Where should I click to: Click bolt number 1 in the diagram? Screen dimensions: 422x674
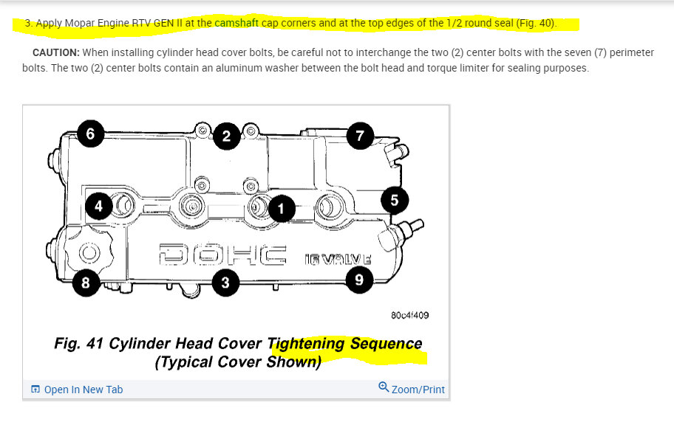tap(280, 209)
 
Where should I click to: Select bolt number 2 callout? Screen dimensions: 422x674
tap(227, 136)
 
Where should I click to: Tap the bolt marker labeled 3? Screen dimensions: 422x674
tap(225, 283)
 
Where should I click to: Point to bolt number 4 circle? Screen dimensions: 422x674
tap(98, 206)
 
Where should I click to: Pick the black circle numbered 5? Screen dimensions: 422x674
tap(394, 200)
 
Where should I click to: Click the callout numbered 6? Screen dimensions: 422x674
tap(90, 134)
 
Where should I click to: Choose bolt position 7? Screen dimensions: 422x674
tap(360, 136)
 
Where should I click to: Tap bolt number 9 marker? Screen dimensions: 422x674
tap(358, 279)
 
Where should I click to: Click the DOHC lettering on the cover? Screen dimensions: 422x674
tap(221, 255)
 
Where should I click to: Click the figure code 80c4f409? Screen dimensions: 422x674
tap(409, 315)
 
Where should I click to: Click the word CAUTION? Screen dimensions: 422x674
tap(56, 52)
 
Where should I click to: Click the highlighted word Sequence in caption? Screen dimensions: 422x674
tap(386, 344)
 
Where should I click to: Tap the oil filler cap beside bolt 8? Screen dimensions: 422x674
tap(88, 252)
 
